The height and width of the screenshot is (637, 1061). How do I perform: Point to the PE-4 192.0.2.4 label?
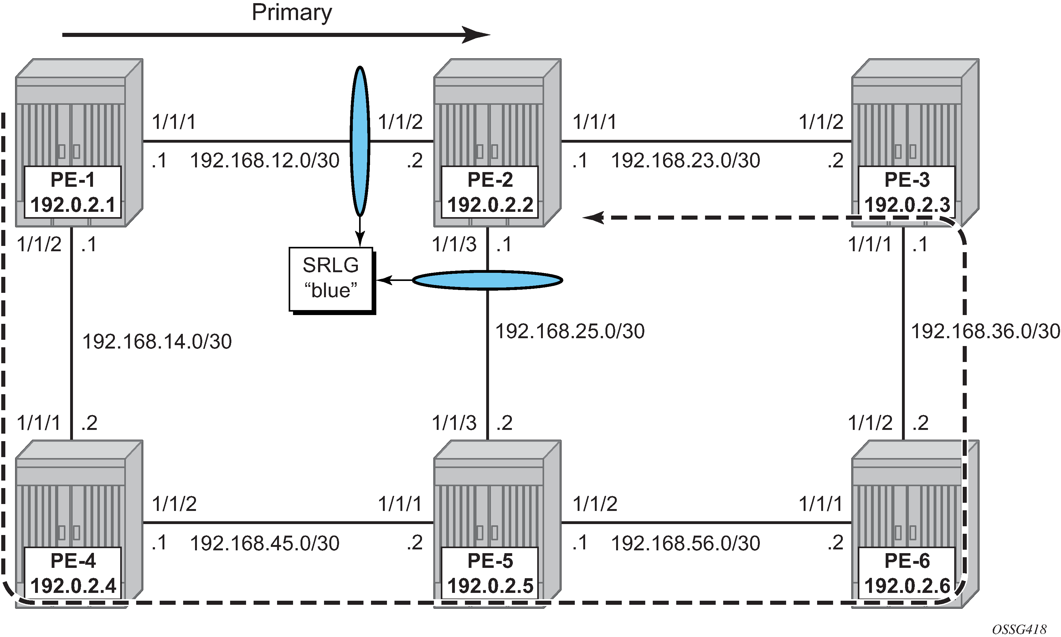pos(73,573)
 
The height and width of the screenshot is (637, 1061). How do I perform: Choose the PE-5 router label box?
pos(490,573)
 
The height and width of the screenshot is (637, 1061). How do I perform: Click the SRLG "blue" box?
pos(331,278)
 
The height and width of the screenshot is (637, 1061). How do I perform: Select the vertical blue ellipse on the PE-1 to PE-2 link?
pos(360,141)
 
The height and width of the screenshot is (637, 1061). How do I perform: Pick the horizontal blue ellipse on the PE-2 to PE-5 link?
pos(487,280)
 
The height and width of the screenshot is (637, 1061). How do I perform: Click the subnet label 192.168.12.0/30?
pos(265,161)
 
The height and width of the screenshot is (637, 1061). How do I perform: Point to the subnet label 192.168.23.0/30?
pos(685,161)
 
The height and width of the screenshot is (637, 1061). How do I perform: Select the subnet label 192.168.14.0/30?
pos(157,342)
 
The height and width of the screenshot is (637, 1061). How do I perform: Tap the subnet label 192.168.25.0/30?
pos(570,331)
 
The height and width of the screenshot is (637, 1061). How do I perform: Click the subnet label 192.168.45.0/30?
pos(265,543)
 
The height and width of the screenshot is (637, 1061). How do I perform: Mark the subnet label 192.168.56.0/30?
pos(685,543)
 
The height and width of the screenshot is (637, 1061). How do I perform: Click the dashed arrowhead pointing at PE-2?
pos(593,218)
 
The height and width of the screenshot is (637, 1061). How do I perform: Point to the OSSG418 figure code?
pos(1019,629)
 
